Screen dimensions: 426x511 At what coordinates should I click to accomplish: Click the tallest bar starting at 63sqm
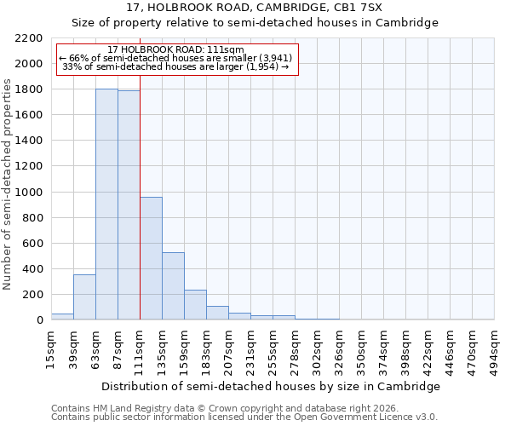coord(106,204)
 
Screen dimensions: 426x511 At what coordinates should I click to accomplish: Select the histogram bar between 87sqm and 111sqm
coord(129,205)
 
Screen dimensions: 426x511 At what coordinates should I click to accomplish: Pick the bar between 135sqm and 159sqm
coord(173,286)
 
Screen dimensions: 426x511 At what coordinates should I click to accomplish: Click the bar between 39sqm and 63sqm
coord(84,297)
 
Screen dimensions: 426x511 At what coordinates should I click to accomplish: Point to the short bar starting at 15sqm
coord(62,316)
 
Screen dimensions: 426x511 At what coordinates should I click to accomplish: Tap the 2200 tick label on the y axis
coord(29,38)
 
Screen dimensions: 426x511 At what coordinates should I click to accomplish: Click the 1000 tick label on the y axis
coord(29,193)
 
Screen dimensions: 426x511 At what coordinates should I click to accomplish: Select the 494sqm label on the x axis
coord(495,347)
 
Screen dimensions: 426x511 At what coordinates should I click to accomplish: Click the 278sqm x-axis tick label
coord(295,347)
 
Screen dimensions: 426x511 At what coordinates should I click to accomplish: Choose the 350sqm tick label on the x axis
coord(361,347)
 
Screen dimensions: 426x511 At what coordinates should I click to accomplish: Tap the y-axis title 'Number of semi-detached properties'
coord(8,184)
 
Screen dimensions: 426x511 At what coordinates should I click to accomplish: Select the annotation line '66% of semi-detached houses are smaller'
coord(176,58)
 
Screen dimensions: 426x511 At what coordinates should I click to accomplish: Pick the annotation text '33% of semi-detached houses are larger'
coord(176,66)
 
